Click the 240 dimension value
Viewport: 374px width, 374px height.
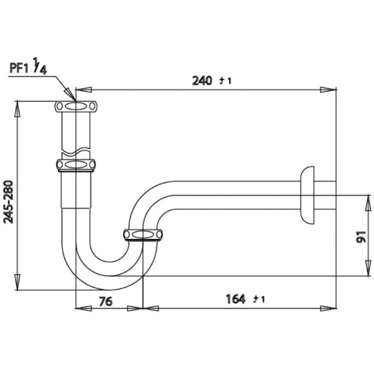point(202,80)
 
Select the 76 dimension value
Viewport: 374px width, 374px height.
point(105,302)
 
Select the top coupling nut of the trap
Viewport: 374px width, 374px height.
point(75,106)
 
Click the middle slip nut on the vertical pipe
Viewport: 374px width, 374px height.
point(75,165)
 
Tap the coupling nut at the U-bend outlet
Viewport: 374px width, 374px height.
point(144,235)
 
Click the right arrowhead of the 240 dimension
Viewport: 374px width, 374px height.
point(330,90)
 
